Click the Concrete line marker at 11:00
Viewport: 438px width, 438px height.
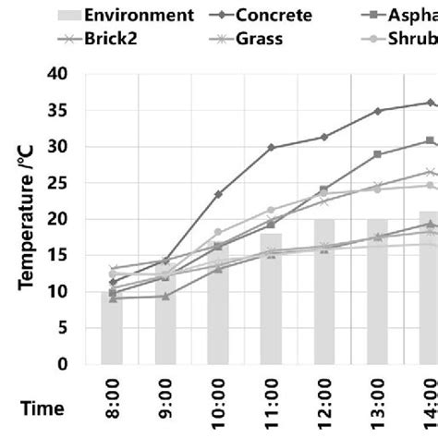[x=271, y=147]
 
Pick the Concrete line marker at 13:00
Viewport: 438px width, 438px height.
[x=377, y=110]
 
